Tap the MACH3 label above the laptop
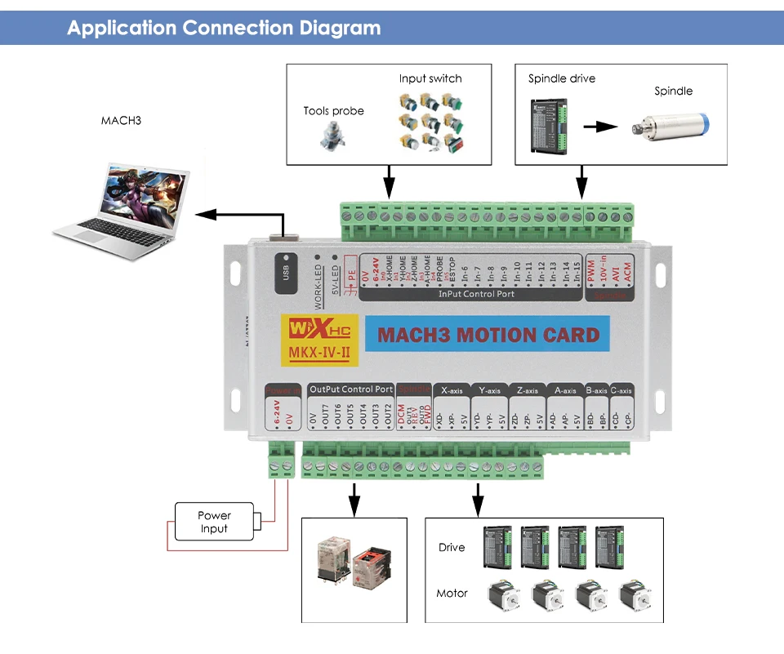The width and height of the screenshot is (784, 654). tap(121, 121)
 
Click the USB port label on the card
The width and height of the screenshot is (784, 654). tap(286, 270)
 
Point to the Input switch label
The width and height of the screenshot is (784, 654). tap(430, 78)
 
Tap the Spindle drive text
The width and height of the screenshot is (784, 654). tap(561, 78)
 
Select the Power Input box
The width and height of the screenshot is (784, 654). tap(214, 522)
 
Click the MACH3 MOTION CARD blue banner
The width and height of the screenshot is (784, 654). tap(488, 335)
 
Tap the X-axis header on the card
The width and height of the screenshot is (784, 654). tap(452, 390)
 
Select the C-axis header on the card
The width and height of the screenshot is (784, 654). tap(621, 390)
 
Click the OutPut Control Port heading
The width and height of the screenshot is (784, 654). tap(351, 389)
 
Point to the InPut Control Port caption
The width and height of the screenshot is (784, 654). tap(476, 294)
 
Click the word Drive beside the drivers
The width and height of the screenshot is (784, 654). tap(452, 547)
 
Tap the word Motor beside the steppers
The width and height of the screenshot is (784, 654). tap(452, 593)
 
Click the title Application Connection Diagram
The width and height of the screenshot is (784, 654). tap(224, 28)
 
